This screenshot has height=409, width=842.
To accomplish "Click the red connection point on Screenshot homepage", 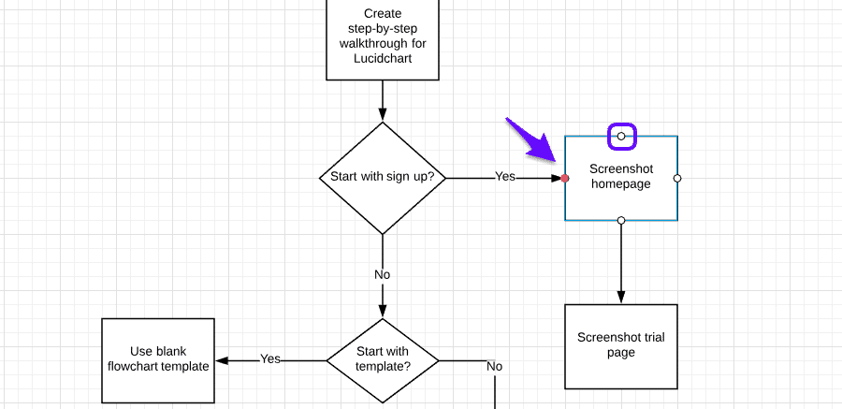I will [565, 178].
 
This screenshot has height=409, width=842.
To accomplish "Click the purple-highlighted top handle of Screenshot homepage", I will [621, 137].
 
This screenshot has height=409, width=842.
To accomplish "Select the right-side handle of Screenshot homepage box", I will [677, 178].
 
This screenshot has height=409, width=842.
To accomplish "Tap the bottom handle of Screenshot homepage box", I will [621, 221].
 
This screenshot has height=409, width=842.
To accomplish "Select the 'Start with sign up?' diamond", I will [383, 178].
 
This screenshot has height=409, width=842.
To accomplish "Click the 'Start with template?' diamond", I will [383, 359].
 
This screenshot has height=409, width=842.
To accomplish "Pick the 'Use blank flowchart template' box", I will [158, 359].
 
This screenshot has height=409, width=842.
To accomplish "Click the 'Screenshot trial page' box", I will [621, 345].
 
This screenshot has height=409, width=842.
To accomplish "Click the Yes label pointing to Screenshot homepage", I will [505, 177].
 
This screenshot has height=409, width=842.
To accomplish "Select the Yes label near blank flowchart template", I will [270, 358].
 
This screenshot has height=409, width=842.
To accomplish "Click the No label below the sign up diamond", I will [383, 274].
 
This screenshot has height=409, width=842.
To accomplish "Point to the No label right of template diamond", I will [495, 366].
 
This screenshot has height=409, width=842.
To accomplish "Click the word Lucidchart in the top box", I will [383, 58].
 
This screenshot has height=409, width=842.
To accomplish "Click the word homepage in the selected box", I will [621, 184].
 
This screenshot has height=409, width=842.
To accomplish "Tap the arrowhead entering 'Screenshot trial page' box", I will [621, 297].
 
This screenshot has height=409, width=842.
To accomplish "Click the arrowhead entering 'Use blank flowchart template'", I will [223, 359].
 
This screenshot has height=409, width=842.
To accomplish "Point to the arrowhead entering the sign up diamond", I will [383, 115].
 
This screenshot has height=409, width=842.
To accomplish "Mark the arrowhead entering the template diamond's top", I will [383, 311].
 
